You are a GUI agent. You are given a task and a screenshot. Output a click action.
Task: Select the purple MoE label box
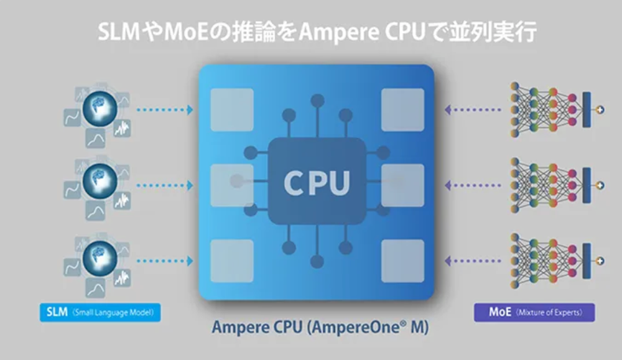click(534, 312)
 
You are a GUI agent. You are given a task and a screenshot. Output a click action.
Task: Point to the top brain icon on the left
click(99, 107)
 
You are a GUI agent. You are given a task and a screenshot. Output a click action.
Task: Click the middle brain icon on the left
click(99, 180)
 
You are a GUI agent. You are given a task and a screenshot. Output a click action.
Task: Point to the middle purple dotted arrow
click(473, 185)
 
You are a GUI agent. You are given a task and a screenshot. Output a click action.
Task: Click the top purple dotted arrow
click(473, 110)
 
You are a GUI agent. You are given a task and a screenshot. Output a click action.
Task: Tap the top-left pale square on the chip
click(232, 109)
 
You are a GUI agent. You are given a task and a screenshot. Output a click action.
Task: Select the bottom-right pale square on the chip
click(402, 261)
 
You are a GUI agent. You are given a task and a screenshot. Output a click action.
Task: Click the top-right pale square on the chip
click(402, 109)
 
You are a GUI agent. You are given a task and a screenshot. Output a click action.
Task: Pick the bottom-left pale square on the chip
click(232, 261)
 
